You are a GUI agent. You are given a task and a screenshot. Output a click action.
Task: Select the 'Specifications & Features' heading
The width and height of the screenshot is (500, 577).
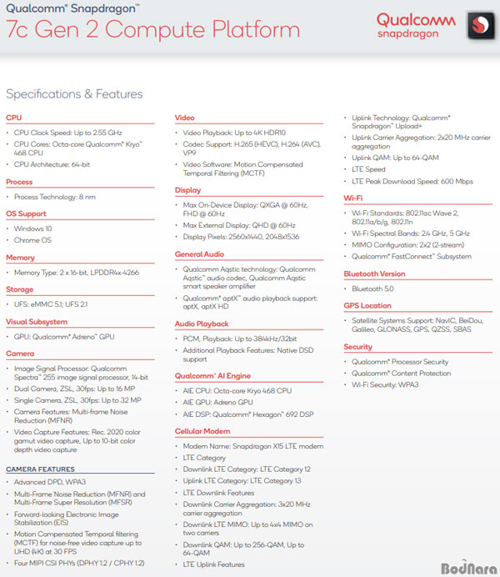click(74, 94)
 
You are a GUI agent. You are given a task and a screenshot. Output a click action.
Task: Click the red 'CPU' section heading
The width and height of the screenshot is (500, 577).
click(14, 118)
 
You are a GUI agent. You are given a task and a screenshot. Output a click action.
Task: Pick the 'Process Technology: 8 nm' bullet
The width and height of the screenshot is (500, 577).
click(55, 197)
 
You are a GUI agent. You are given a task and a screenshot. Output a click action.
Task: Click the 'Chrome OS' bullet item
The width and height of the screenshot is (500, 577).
click(34, 241)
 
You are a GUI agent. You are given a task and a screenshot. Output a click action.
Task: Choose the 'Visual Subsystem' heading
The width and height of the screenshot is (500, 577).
click(37, 321)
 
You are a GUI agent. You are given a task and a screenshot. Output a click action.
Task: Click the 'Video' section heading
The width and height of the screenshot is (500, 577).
click(185, 118)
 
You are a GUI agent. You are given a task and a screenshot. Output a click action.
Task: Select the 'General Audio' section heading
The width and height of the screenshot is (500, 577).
click(200, 254)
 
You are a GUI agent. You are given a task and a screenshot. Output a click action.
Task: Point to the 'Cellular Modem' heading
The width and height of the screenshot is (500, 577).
click(202, 431)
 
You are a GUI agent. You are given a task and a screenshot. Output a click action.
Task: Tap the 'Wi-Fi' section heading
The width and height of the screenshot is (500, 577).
click(353, 198)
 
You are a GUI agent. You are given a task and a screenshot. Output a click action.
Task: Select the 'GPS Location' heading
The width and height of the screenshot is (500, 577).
click(367, 305)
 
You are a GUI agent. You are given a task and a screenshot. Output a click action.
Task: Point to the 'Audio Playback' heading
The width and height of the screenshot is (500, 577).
click(202, 324)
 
